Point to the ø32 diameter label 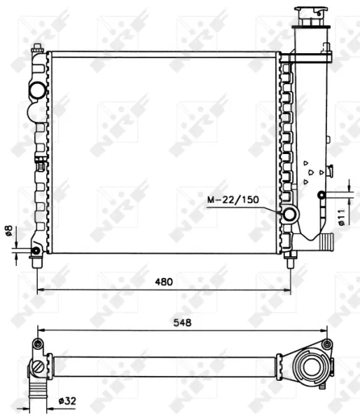coord(67,401)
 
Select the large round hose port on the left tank coord(37,91)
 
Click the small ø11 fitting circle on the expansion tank coord(321,195)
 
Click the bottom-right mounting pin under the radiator coord(289,263)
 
